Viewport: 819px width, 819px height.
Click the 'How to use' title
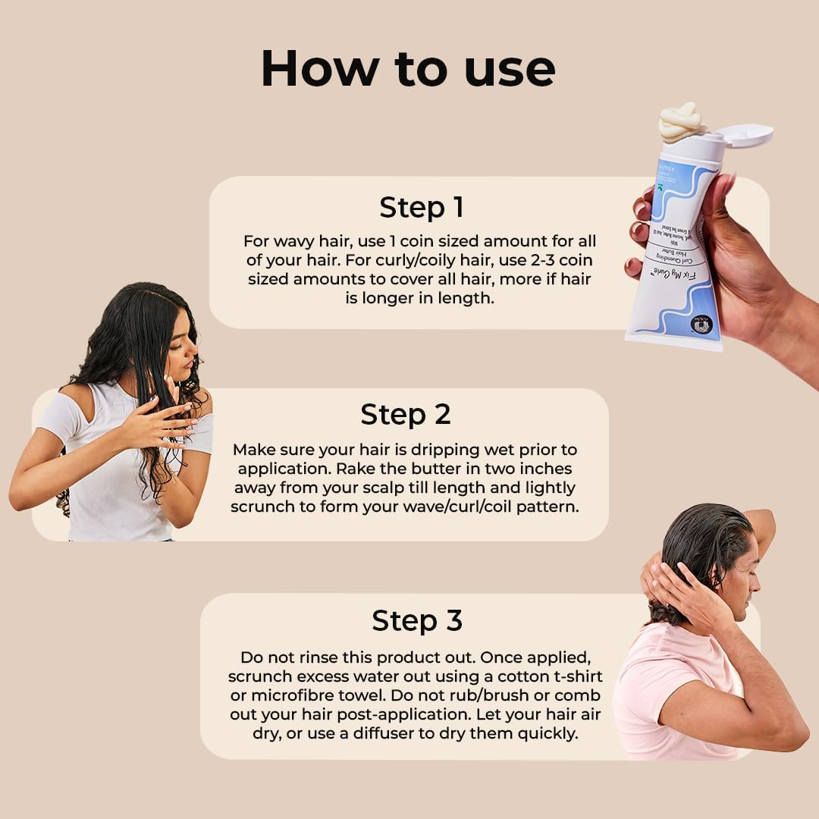pos(408,69)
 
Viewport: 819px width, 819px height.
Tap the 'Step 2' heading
pos(405,415)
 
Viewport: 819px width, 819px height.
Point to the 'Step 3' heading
pos(416,621)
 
